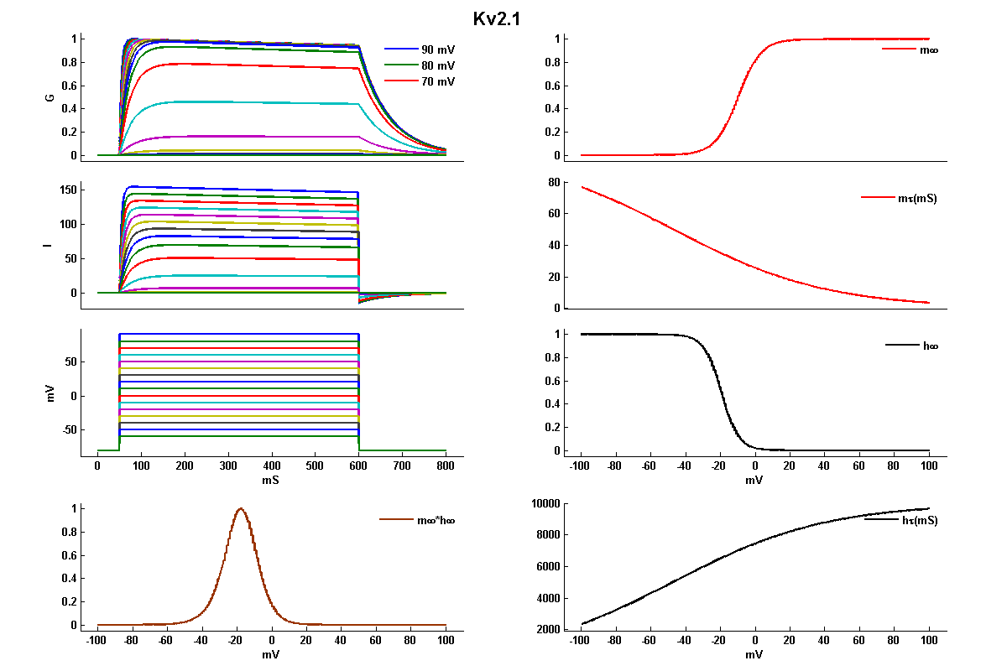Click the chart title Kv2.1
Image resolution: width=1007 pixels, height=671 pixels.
(497, 18)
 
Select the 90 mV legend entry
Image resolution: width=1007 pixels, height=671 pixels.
(438, 49)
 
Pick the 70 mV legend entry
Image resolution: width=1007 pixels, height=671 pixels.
(438, 81)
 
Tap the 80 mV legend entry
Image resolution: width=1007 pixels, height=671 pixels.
(438, 65)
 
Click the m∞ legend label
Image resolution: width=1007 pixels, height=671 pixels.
(929, 49)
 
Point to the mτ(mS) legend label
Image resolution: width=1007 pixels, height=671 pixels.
(922, 199)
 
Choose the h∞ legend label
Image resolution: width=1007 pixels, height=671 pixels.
(929, 345)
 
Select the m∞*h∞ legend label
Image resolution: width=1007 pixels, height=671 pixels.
(436, 520)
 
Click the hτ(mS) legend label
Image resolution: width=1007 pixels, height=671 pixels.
(922, 520)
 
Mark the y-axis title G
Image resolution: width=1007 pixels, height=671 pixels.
(50, 97)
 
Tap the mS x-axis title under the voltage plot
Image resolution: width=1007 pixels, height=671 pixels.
(271, 481)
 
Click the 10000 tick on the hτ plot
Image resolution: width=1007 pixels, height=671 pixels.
(549, 503)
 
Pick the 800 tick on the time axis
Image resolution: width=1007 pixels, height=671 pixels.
(446, 465)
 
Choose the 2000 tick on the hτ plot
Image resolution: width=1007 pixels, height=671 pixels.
(552, 630)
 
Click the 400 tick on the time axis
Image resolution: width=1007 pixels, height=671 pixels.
(271, 465)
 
